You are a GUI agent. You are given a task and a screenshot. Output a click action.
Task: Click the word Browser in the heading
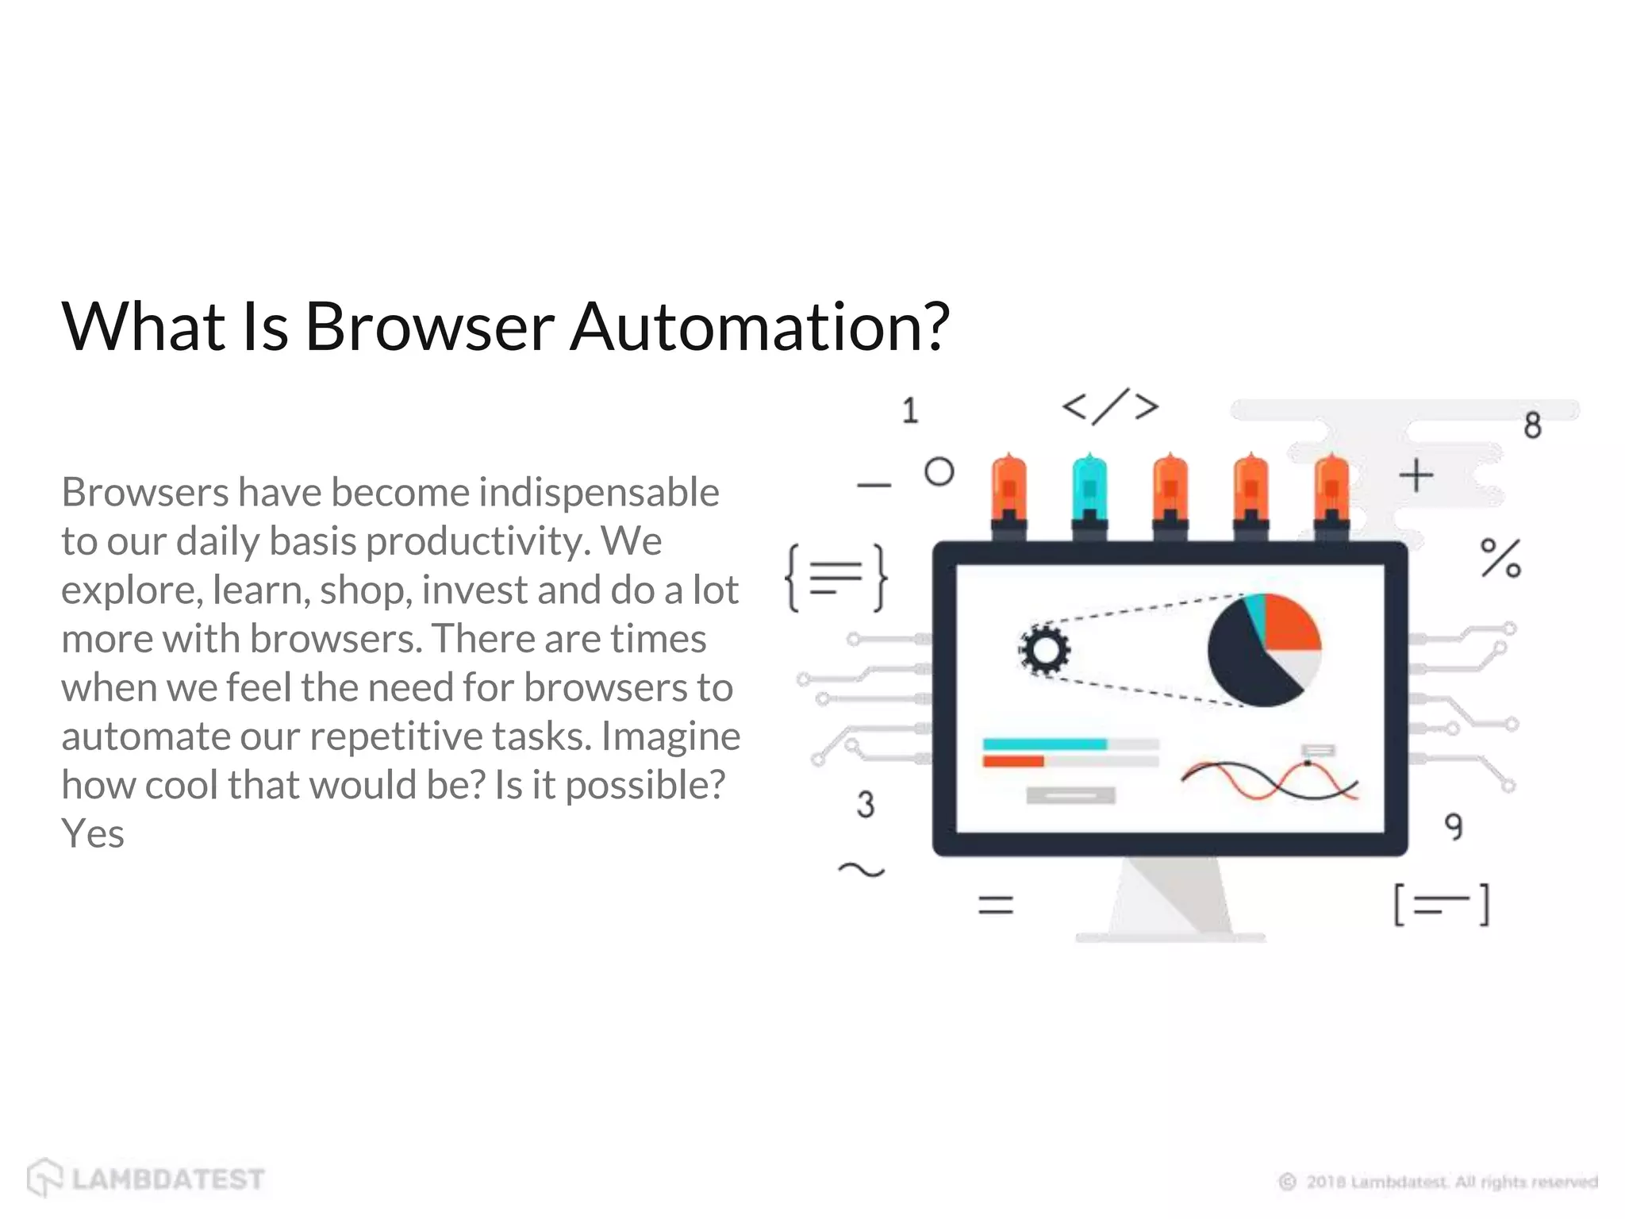(429, 326)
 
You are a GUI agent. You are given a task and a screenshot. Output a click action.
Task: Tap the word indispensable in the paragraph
(598, 492)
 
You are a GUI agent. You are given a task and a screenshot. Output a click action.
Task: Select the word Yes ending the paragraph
(93, 834)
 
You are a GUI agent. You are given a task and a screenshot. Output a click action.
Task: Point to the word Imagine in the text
(670, 736)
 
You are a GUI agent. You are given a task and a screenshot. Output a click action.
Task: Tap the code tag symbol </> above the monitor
(1110, 407)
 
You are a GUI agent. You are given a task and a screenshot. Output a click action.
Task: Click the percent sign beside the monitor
(1500, 558)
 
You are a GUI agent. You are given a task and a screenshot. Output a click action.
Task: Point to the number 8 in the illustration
(1532, 425)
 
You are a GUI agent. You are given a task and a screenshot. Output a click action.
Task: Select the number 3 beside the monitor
(865, 804)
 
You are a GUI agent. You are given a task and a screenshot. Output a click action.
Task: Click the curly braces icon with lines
(836, 578)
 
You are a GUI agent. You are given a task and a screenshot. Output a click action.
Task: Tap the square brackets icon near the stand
(1441, 905)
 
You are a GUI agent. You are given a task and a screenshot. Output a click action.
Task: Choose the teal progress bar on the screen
(1044, 744)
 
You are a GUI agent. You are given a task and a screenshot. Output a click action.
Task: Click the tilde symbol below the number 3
(861, 871)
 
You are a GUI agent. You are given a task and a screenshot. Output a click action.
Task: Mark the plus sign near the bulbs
(1416, 476)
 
